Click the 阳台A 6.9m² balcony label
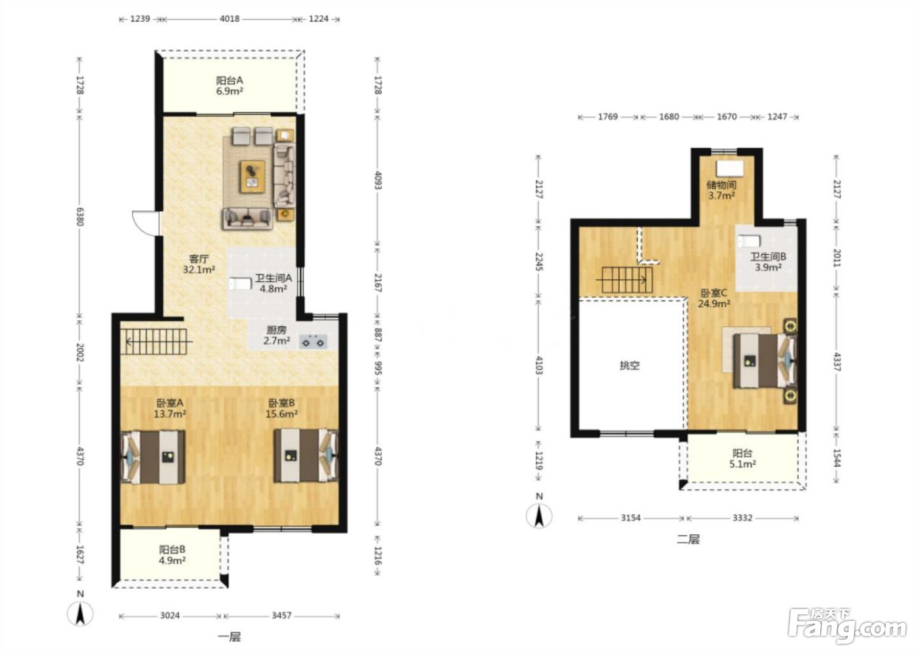click(229, 86)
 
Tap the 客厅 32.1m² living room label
click(199, 264)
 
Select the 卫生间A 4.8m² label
click(273, 283)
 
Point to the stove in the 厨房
click(313, 341)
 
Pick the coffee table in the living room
click(252, 176)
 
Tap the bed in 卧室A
click(153, 456)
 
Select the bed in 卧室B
click(306, 456)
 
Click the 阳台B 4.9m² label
click(172, 555)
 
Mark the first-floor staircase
click(156, 342)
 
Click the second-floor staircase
click(627, 280)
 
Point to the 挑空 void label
click(629, 365)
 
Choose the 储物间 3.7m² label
click(721, 190)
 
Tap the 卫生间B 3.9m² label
click(768, 262)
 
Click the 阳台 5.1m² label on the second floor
click(742, 458)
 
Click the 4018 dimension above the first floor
click(229, 19)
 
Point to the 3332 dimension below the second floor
click(742, 518)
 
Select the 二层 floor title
click(688, 539)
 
